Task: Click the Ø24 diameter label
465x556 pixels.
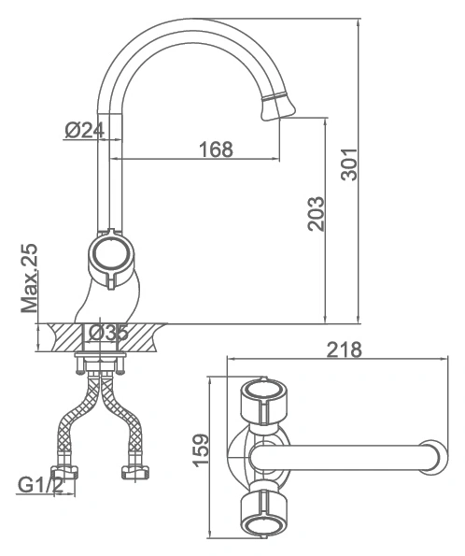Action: click(85, 130)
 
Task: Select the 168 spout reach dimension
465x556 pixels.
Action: click(217, 150)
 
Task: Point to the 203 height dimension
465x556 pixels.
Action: click(316, 214)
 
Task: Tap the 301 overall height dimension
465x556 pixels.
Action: click(349, 164)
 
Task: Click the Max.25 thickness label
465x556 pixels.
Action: click(29, 278)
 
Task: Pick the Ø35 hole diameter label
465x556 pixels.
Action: click(108, 333)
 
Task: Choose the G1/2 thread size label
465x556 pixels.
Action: click(40, 485)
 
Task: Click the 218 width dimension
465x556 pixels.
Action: click(345, 349)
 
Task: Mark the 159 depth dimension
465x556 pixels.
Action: click(201, 450)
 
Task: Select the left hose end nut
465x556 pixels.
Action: click(64, 472)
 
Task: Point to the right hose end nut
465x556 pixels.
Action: click(135, 472)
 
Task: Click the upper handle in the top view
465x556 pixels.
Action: click(264, 402)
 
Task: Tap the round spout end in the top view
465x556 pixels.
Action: click(435, 457)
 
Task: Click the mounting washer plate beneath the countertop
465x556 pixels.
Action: click(100, 355)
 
